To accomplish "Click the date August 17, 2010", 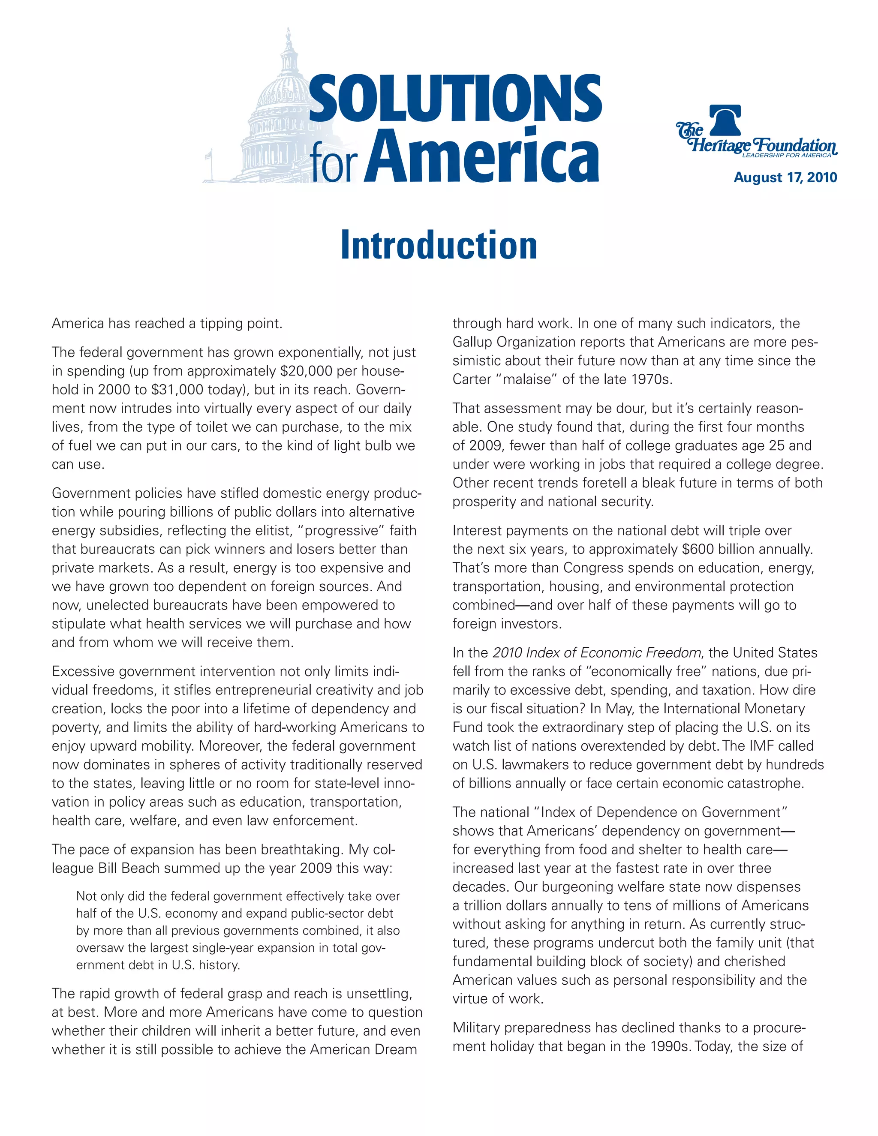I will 785,177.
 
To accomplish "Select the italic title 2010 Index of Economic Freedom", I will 597,653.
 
